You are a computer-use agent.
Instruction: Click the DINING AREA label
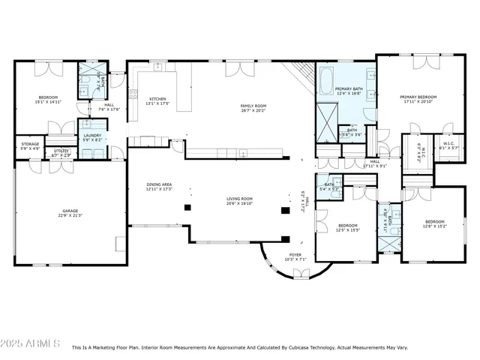click(159, 187)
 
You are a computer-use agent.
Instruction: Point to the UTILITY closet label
click(61, 152)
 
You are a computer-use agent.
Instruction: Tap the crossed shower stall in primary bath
click(326, 118)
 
